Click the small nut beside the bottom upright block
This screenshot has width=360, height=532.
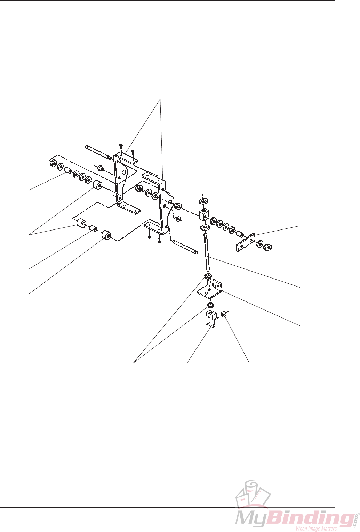click(224, 315)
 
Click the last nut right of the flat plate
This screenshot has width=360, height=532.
click(268, 248)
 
